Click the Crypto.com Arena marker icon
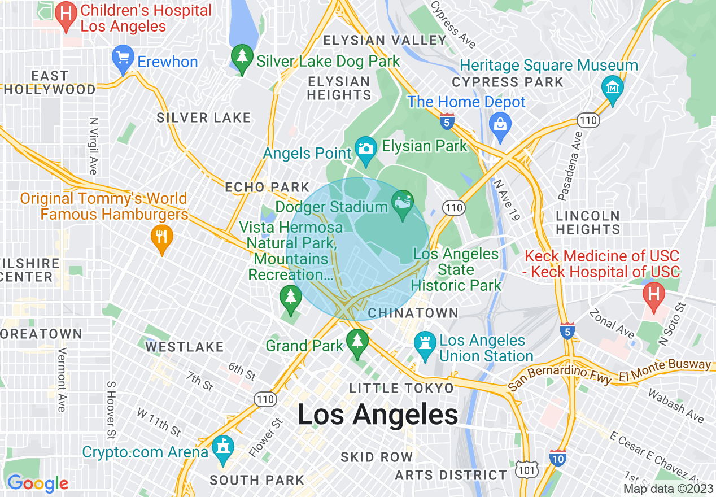pos(224,450)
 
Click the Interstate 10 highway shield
pos(558,459)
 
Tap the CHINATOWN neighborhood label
pos(413,313)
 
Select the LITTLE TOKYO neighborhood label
pos(401,388)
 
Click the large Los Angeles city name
pos(378,415)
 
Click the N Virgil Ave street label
pos(94,146)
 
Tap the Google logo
pos(37,483)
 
